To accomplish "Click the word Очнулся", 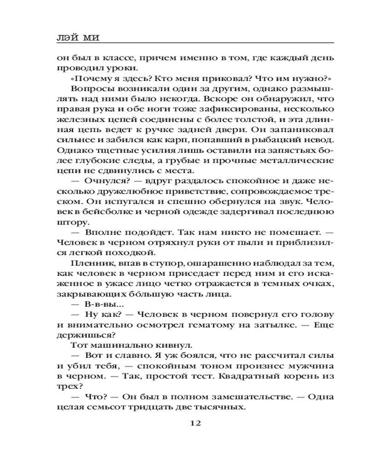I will point(102,179).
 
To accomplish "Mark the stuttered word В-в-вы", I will point(98,304).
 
